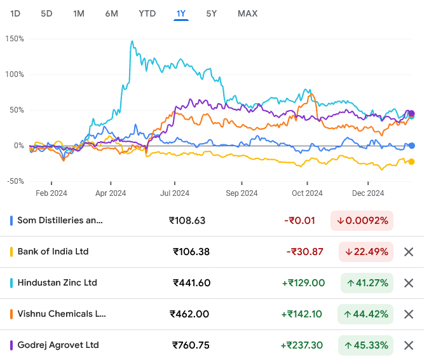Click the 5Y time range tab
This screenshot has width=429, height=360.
pyautogui.click(x=212, y=13)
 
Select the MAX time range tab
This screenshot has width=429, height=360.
pyautogui.click(x=247, y=13)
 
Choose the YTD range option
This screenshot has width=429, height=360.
pyautogui.click(x=147, y=13)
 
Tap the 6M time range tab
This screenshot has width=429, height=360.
pyautogui.click(x=112, y=13)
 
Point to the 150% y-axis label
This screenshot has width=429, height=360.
pyautogui.click(x=14, y=39)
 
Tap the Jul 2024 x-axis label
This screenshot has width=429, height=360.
pyautogui.click(x=175, y=193)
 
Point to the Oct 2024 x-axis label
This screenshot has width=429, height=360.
pyautogui.click(x=307, y=193)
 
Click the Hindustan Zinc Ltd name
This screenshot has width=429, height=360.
pyautogui.click(x=57, y=282)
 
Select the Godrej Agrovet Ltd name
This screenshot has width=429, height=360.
pyautogui.click(x=58, y=345)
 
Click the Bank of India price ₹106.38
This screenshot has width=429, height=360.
pyautogui.click(x=191, y=252)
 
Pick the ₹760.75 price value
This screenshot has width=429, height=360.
pyautogui.click(x=191, y=345)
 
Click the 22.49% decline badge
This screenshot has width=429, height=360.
pyautogui.click(x=366, y=252)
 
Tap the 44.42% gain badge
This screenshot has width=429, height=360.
pyautogui.click(x=366, y=314)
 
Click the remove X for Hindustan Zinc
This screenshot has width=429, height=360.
pyautogui.click(x=409, y=283)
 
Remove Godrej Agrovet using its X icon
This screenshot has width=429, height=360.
pyautogui.click(x=409, y=345)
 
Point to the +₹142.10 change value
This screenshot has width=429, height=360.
pyautogui.click(x=303, y=314)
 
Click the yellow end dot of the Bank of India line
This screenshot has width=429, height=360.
pyautogui.click(x=411, y=162)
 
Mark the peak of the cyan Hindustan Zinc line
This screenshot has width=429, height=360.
pyautogui.click(x=132, y=42)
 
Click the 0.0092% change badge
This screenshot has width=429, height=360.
pyautogui.click(x=362, y=221)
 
